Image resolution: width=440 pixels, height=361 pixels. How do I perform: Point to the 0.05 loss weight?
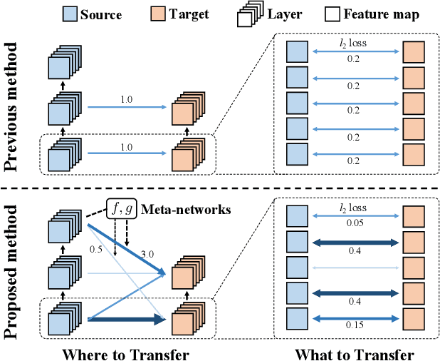point(353,223)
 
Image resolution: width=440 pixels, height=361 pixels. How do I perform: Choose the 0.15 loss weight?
point(353,326)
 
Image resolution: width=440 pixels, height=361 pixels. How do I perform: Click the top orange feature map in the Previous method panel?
point(413,53)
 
